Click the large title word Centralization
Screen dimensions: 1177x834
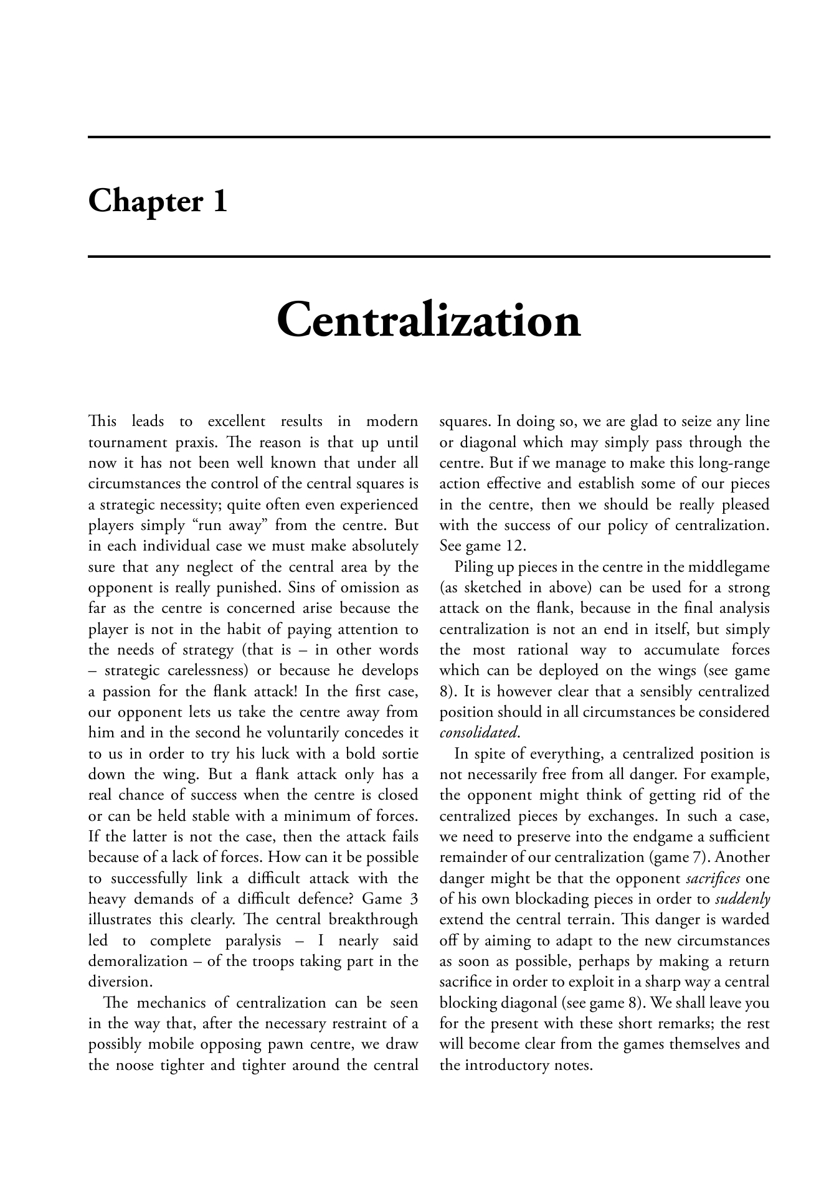[x=429, y=321]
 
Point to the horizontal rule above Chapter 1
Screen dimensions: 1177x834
[x=429, y=136]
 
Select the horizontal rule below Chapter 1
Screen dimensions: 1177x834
[x=429, y=256]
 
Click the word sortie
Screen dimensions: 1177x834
[x=398, y=754]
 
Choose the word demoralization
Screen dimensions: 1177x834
[x=138, y=962]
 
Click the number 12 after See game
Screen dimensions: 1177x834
[x=516, y=546]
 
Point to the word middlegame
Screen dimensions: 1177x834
[x=733, y=567]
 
